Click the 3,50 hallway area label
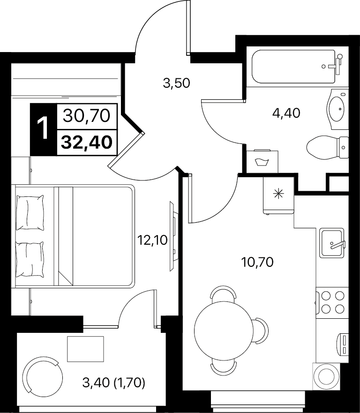click(176, 83)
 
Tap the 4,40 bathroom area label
click(286, 113)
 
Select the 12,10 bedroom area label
click(153, 240)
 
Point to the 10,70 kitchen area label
click(257, 263)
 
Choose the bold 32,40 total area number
click(87, 143)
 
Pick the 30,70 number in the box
click(87, 116)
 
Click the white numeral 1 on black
click(43, 129)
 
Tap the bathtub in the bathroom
click(293, 67)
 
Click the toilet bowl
click(328, 147)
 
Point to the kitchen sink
click(332, 243)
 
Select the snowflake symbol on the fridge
click(279, 195)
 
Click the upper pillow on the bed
click(30, 213)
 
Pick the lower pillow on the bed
click(30, 259)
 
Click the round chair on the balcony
click(43, 378)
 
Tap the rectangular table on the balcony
click(85, 349)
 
